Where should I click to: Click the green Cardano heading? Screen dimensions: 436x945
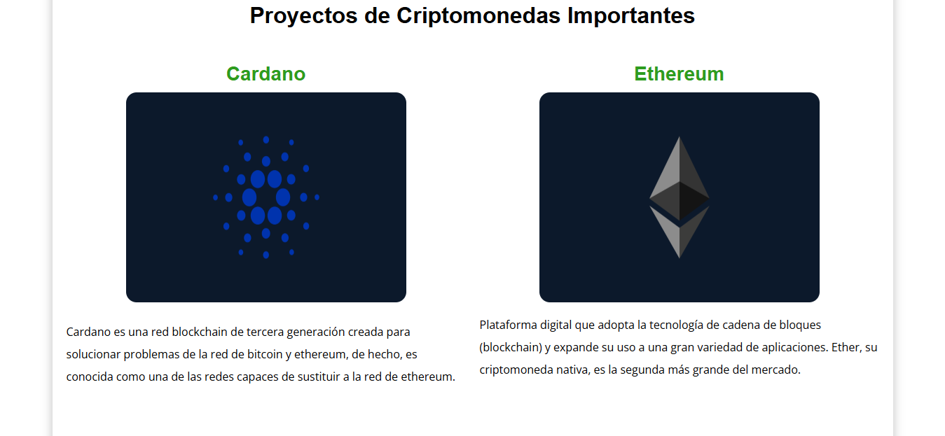coord(265,73)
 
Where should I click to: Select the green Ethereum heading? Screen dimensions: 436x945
coord(679,73)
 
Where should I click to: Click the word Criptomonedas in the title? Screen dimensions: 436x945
coord(479,15)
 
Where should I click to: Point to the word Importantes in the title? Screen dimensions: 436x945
coord(630,15)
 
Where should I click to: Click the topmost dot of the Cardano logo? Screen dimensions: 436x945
coord(266,140)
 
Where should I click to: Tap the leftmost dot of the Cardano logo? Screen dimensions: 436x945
coord(215,197)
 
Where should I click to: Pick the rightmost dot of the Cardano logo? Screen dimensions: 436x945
coord(317,197)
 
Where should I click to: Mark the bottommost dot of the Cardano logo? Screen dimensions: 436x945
coord(266,255)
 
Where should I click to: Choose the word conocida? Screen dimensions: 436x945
coord(92,377)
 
